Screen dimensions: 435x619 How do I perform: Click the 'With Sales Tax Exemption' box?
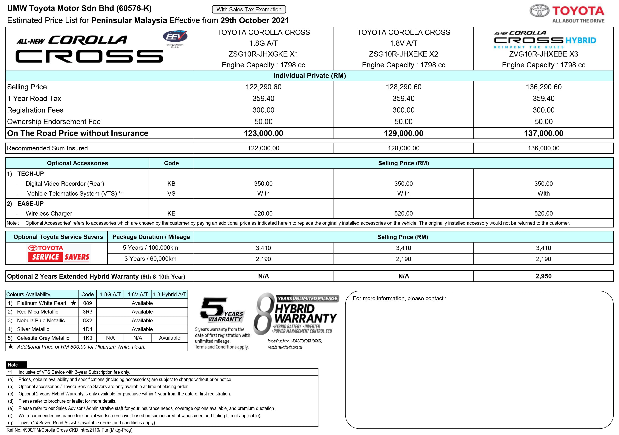pos(249,10)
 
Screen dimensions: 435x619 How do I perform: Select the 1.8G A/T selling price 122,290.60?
pos(263,87)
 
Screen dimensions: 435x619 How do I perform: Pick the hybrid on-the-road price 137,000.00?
pos(544,133)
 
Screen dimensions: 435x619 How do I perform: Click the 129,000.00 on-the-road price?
pos(403,133)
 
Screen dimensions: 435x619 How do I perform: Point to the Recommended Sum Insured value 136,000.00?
pos(544,148)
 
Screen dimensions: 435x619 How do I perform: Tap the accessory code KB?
pos(171,184)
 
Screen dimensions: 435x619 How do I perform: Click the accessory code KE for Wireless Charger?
pos(171,213)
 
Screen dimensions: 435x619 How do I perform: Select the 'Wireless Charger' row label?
pos(49,213)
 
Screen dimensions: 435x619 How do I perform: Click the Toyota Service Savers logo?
pos(60,253)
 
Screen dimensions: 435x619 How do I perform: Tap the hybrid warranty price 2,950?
pos(544,276)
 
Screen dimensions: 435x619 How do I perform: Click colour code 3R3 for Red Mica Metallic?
pos(87,312)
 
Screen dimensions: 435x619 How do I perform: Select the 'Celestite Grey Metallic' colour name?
pos(43,338)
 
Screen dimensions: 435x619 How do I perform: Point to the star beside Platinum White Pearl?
pos(74,303)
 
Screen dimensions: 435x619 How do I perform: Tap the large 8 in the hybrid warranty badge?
pos(263,314)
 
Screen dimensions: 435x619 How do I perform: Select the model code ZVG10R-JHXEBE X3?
pos(544,54)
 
